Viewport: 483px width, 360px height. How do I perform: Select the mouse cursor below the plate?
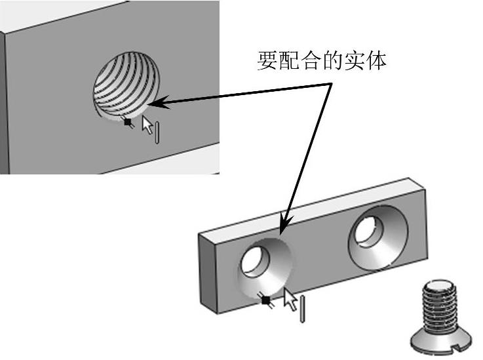(x=290, y=301)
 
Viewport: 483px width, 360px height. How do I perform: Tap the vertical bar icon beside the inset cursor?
(x=158, y=130)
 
